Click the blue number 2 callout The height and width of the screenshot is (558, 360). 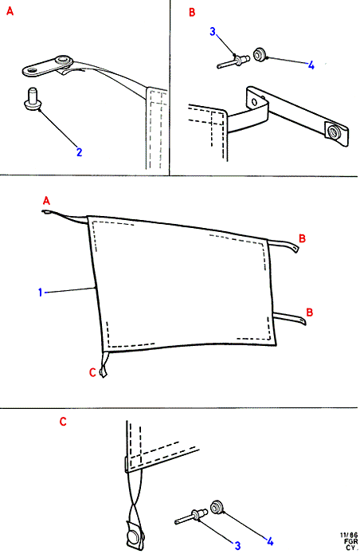(x=79, y=152)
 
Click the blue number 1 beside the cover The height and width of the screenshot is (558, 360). (x=40, y=293)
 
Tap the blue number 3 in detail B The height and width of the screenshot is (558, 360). (x=213, y=32)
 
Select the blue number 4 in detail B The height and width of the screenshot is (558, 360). (x=311, y=65)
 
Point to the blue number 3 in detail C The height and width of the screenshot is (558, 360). (x=237, y=545)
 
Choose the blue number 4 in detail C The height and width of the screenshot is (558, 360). (x=270, y=541)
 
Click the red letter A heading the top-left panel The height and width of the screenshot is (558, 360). (x=10, y=11)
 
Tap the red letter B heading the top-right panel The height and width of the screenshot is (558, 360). (x=192, y=13)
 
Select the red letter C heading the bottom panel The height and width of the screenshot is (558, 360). (x=63, y=422)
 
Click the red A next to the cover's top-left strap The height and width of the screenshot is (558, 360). (x=46, y=201)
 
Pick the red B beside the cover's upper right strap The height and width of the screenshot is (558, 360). (x=302, y=238)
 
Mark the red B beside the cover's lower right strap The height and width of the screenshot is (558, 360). (x=310, y=312)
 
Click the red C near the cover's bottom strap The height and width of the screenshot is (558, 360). (x=92, y=372)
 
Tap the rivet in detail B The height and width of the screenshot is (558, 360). (x=233, y=61)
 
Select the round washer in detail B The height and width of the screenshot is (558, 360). (x=260, y=54)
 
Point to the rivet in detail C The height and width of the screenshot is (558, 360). (x=191, y=517)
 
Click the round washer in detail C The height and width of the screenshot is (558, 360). (x=217, y=507)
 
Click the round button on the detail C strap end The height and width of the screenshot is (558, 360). (x=134, y=537)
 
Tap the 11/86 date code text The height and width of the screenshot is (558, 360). (x=349, y=535)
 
